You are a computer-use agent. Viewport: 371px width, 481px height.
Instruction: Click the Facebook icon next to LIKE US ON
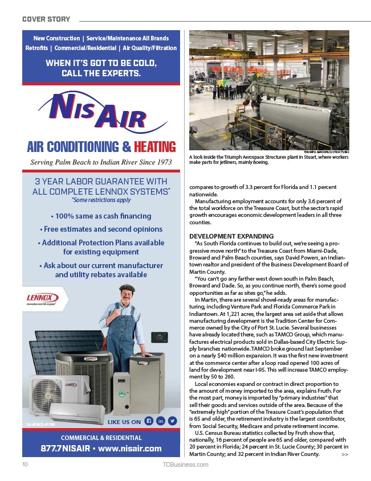149,421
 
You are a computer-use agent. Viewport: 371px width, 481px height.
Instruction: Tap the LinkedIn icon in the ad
160,421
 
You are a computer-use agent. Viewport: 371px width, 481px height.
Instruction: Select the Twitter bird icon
172,421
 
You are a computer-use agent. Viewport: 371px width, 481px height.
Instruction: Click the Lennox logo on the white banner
40,298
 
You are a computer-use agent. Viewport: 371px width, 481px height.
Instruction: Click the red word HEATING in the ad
155,147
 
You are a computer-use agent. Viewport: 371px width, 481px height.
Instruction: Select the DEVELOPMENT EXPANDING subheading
223,236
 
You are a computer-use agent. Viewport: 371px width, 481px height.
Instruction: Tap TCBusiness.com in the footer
186,464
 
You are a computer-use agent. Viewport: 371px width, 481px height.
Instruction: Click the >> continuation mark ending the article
345,454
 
